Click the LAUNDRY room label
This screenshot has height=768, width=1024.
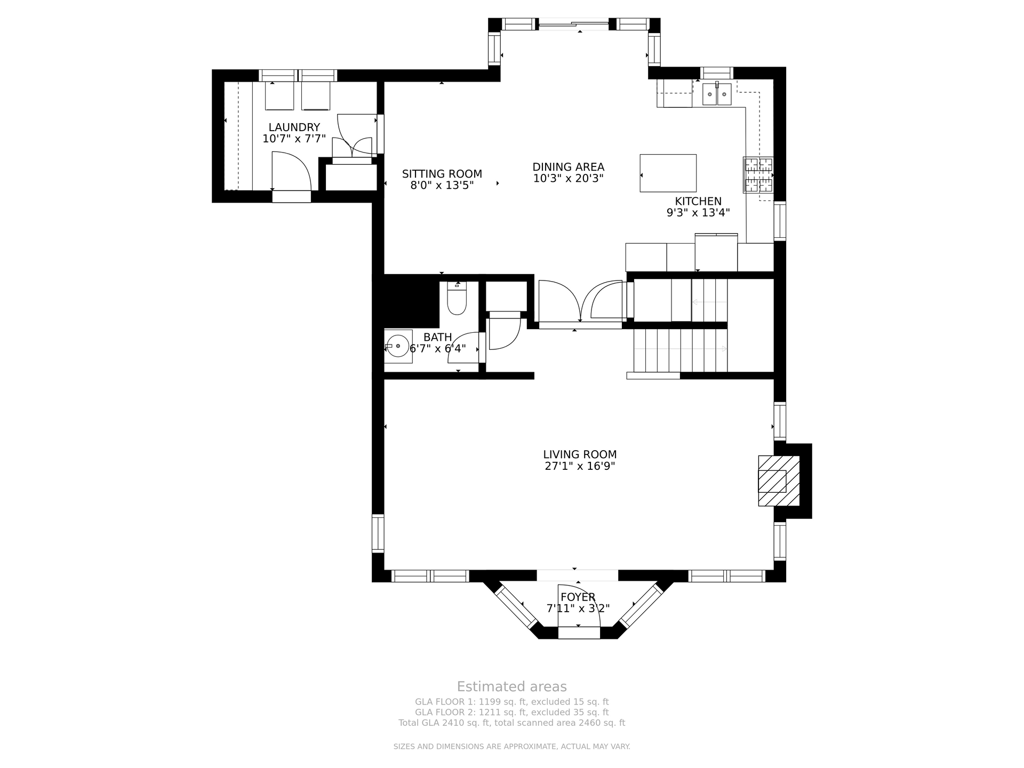[x=294, y=127]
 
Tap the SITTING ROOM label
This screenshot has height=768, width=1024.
[x=442, y=174]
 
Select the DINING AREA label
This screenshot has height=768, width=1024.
[x=568, y=167]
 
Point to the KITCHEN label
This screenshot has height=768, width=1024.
[x=698, y=201]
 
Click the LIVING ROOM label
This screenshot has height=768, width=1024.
[x=580, y=454]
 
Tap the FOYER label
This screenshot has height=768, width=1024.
[x=578, y=597]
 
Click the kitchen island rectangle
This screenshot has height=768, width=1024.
[x=668, y=173]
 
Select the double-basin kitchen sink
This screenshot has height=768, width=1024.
[x=717, y=94]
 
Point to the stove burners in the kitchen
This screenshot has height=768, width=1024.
[x=758, y=175]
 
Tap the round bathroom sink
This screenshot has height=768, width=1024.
[x=398, y=346]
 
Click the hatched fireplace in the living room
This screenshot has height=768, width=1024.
[x=779, y=481]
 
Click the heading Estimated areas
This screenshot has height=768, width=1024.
[x=511, y=686]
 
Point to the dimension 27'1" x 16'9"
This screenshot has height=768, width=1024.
[x=580, y=466]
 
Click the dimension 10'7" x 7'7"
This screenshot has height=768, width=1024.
[x=294, y=139]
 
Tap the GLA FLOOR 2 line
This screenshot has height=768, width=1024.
[x=511, y=712]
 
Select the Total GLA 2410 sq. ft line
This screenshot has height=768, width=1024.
[x=511, y=723]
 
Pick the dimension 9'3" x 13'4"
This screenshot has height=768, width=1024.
[x=698, y=212]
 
